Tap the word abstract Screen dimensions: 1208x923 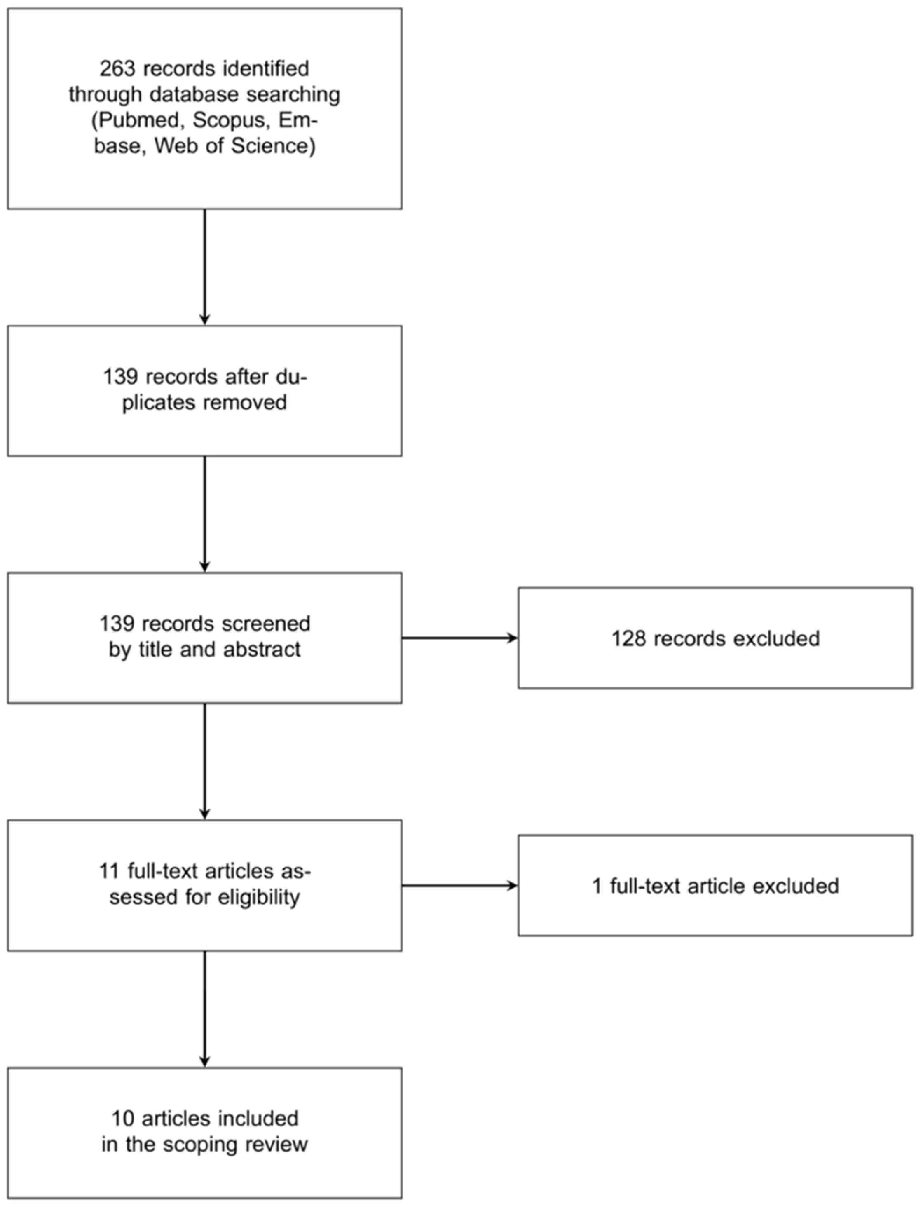coord(262,650)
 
